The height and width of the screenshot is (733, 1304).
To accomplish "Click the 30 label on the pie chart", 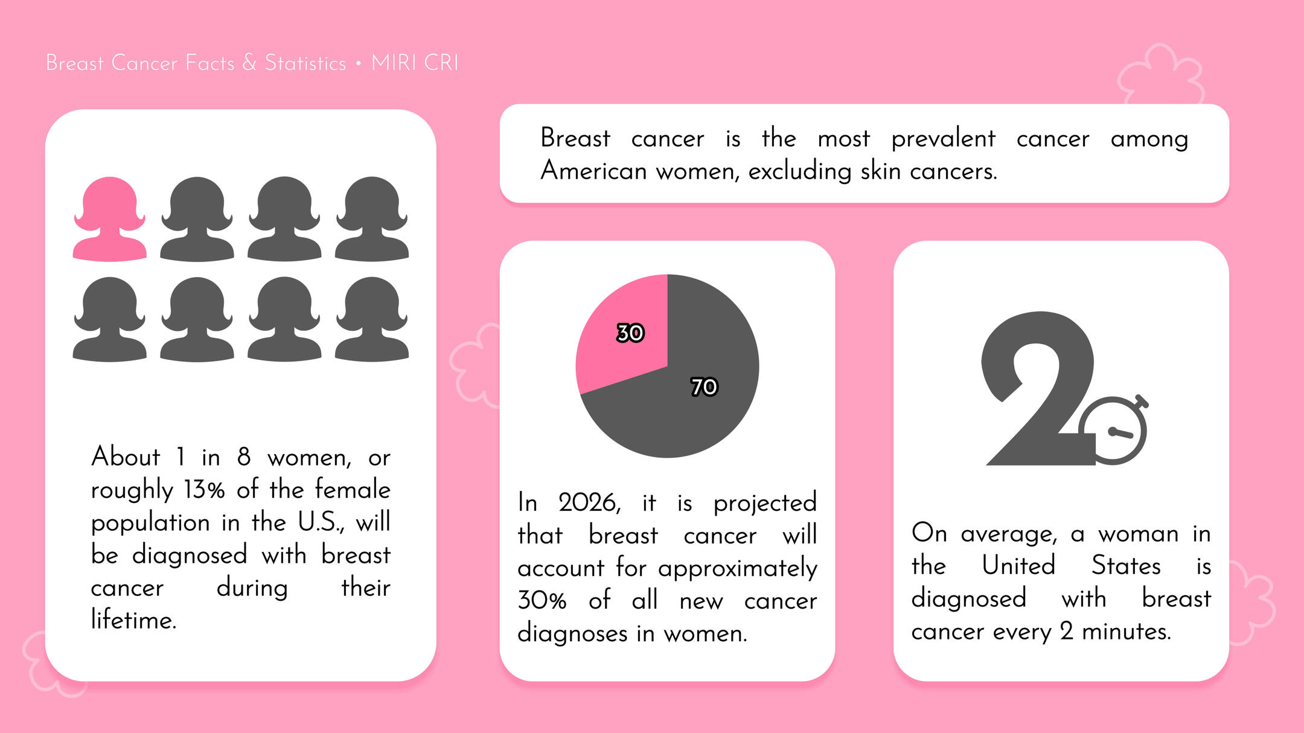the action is (630, 333).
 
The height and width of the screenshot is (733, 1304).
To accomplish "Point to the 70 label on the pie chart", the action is (704, 386).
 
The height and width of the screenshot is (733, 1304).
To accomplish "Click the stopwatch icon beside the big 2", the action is (1114, 430).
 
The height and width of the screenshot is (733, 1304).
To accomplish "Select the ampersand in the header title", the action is (249, 63).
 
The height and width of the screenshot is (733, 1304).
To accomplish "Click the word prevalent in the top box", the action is (943, 139).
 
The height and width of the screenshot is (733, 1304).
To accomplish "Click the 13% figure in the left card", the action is (204, 490).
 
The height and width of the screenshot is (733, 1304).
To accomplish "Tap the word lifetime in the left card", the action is (133, 620).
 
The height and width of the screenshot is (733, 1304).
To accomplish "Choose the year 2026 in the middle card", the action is (589, 503).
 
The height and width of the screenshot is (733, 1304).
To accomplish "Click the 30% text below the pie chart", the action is (542, 601).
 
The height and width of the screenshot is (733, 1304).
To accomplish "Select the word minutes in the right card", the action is (1126, 632).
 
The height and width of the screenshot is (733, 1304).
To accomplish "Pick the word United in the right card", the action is (1018, 566).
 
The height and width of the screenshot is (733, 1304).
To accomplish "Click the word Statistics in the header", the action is (305, 63).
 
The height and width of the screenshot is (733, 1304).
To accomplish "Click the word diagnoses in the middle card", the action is (572, 634).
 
